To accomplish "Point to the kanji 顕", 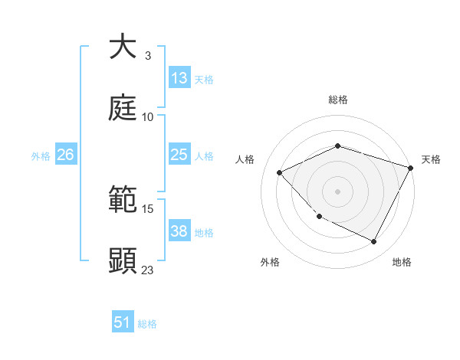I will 123,260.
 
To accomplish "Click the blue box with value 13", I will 179,78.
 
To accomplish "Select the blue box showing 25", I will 179,155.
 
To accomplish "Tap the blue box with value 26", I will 65,155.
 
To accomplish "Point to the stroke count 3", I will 147,56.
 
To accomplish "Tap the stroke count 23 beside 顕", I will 147,270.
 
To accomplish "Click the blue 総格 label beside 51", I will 147,324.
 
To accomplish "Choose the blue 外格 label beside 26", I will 41,156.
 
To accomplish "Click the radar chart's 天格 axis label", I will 431,159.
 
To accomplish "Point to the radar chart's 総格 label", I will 337,100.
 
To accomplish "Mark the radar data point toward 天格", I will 411,168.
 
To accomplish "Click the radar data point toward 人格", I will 280,172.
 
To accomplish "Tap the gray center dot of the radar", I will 337,191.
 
